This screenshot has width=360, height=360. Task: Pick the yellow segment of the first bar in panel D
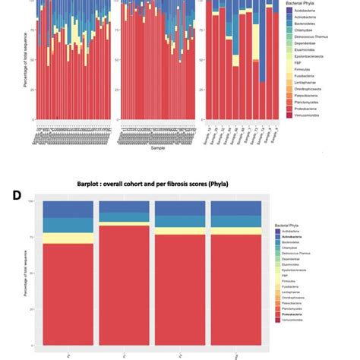click(68, 238)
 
